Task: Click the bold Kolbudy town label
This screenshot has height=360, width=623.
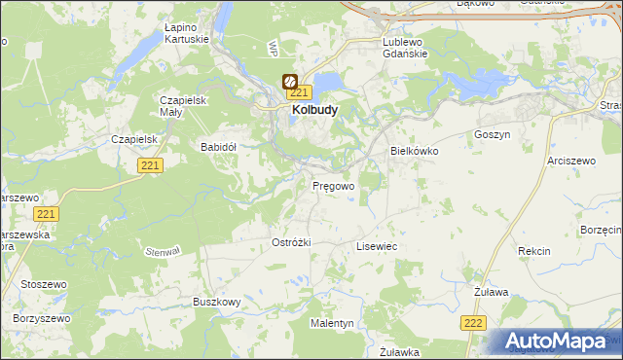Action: [x=314, y=111]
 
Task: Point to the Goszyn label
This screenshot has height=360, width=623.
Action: [x=492, y=135]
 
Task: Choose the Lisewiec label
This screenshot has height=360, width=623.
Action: [x=377, y=247]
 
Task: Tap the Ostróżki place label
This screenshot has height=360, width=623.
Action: [x=290, y=241]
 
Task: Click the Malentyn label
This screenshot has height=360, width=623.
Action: [x=332, y=322]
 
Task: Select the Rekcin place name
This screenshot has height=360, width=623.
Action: [x=534, y=251]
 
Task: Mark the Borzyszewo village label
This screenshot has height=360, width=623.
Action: [x=43, y=318]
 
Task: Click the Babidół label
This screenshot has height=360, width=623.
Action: [x=219, y=147]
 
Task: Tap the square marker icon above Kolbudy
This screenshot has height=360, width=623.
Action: [x=289, y=82]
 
